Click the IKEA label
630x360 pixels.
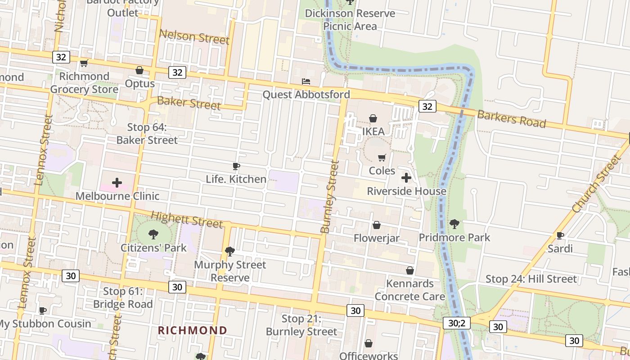(373, 131)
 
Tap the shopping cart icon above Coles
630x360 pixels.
(382, 157)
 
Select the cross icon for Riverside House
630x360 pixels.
(406, 178)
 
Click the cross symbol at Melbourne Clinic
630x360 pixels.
(117, 182)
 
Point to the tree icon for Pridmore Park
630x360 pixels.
(454, 224)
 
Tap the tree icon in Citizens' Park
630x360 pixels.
(153, 234)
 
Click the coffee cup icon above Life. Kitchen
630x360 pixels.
(236, 166)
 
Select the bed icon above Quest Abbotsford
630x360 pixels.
(306, 81)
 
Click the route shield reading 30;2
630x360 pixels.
(459, 323)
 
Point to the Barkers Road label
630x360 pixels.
(512, 119)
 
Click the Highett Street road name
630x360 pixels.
(187, 220)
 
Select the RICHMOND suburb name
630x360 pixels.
(193, 330)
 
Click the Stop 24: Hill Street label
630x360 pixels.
(531, 279)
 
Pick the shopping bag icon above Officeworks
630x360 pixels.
(369, 343)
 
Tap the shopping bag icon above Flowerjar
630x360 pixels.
(377, 225)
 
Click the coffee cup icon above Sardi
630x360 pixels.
(560, 235)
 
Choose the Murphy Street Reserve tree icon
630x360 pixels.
(230, 251)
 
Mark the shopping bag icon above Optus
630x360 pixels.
(139, 70)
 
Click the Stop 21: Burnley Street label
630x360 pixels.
(301, 325)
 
